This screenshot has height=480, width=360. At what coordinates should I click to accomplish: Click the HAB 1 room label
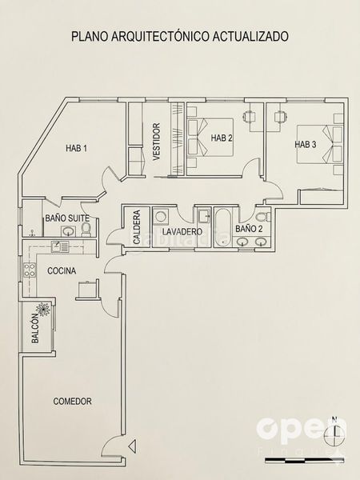(x=76, y=148)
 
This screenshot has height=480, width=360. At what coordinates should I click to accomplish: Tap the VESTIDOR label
(x=156, y=142)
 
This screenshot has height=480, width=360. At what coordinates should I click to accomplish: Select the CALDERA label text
(x=137, y=227)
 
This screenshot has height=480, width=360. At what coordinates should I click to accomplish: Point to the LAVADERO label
(x=182, y=232)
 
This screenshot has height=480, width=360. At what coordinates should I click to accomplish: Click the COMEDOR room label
(x=72, y=401)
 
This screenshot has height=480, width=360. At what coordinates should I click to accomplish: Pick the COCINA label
(x=62, y=270)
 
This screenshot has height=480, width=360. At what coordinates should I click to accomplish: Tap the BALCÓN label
(x=35, y=328)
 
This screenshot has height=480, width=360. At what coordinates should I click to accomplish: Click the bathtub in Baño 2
(x=222, y=227)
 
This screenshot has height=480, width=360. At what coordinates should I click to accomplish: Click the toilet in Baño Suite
(x=86, y=230)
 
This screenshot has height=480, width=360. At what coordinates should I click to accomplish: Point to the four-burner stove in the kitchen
(x=30, y=270)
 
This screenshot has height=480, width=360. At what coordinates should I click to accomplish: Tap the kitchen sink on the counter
(x=60, y=246)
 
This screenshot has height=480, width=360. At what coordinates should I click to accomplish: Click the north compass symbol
(x=335, y=431)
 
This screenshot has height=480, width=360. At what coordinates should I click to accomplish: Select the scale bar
(x=304, y=460)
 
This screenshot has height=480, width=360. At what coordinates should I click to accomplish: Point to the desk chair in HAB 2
(x=249, y=116)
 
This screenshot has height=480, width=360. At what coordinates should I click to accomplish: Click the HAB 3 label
(x=306, y=144)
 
